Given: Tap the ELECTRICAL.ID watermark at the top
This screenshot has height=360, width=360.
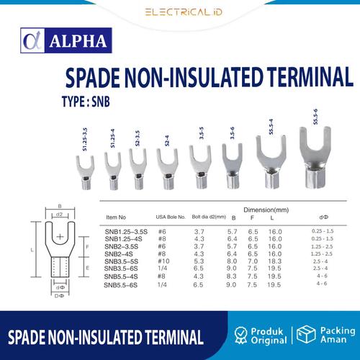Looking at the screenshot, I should coord(179,12).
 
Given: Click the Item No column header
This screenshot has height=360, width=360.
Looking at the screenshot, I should coord(120,216).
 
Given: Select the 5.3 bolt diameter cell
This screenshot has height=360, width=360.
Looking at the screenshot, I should coord(199,260).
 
